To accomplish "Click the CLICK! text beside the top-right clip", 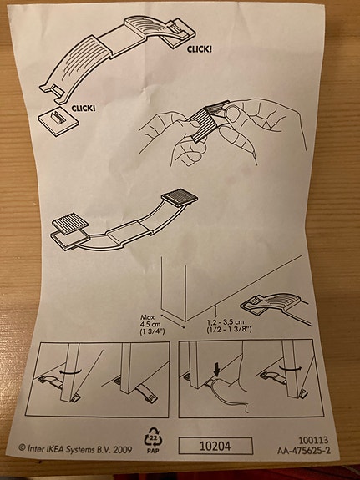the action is [200, 49].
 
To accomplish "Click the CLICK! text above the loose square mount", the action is [84, 108].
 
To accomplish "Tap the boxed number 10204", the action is [215, 446].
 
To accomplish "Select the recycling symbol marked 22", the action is [153, 437].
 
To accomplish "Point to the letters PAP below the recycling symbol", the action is [153, 451].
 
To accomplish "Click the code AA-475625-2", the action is [304, 451].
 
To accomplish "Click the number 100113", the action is [313, 441].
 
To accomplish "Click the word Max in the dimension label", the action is [148, 317].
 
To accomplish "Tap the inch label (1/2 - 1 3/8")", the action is [230, 330].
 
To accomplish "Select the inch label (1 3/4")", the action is [153, 331].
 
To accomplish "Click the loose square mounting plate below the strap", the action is [58, 121].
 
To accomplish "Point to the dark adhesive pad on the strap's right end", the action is [180, 198].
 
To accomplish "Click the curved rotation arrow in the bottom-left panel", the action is [70, 372].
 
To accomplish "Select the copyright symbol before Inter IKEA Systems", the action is [22, 447].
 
